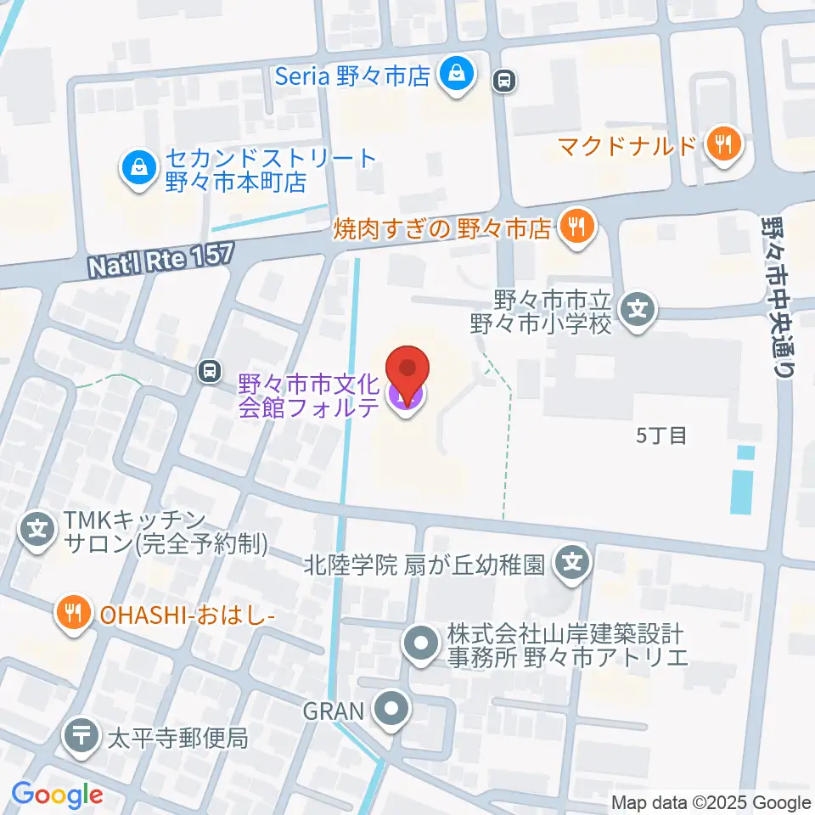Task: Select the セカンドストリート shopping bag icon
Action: (136, 167)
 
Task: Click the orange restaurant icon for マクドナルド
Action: (723, 145)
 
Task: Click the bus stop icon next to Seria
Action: (504, 81)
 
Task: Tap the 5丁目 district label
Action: (660, 436)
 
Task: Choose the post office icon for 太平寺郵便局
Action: (83, 735)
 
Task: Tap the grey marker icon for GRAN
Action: (391, 710)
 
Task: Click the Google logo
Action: (57, 795)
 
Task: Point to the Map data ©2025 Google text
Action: (711, 802)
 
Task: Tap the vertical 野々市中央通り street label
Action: (775, 298)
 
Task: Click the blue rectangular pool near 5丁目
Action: (743, 481)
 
